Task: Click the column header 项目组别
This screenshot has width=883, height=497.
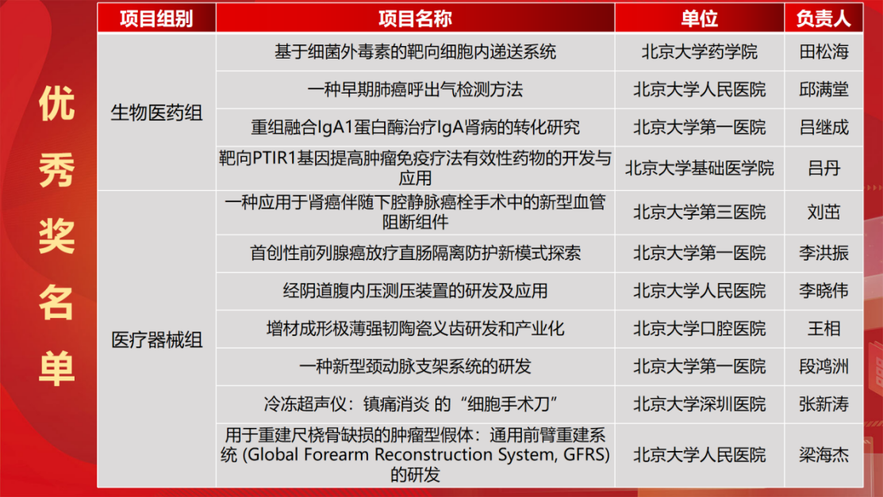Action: point(156,18)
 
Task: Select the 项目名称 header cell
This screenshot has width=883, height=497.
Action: point(415,18)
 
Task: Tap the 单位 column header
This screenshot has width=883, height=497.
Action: point(700,18)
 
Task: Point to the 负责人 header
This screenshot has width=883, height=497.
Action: point(823,18)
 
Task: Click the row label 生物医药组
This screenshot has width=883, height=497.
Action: point(156,113)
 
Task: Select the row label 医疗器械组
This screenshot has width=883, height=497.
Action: point(156,340)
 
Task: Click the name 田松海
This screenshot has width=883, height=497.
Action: point(823,52)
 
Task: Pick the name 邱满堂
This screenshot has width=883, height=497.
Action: point(823,90)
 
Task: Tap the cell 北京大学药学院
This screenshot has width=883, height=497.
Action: point(700,52)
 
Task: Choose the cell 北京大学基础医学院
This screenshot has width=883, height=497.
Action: point(700,168)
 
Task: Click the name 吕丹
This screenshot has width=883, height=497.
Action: point(823,168)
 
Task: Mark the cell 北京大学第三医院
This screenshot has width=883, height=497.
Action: point(700,212)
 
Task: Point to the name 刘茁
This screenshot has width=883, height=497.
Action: point(823,212)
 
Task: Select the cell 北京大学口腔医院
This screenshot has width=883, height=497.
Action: point(700,329)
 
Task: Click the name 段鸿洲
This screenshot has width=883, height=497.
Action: point(823,367)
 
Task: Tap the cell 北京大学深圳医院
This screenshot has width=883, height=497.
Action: point(700,404)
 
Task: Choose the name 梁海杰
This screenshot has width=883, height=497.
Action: point(823,455)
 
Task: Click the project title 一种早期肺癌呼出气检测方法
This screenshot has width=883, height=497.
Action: point(415,90)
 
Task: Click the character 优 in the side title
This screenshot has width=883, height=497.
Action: point(57,104)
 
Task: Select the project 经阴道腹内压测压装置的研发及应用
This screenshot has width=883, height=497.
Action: point(415,291)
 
